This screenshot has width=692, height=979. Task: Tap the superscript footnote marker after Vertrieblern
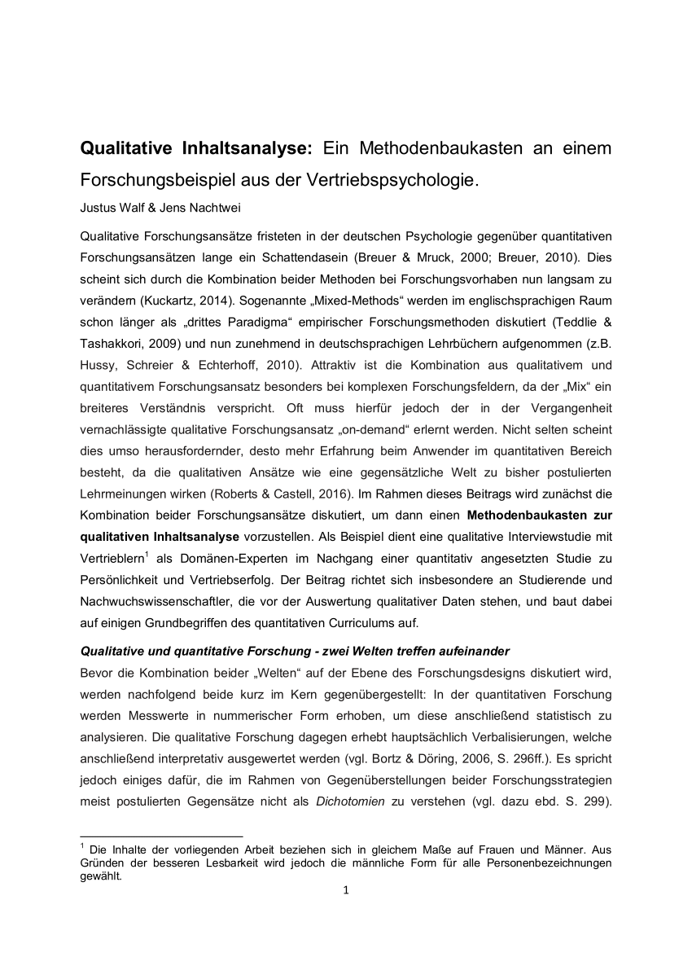pos(147,554)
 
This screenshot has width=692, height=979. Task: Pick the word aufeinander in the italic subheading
pos(476,651)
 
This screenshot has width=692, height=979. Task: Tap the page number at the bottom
pos(346,889)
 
